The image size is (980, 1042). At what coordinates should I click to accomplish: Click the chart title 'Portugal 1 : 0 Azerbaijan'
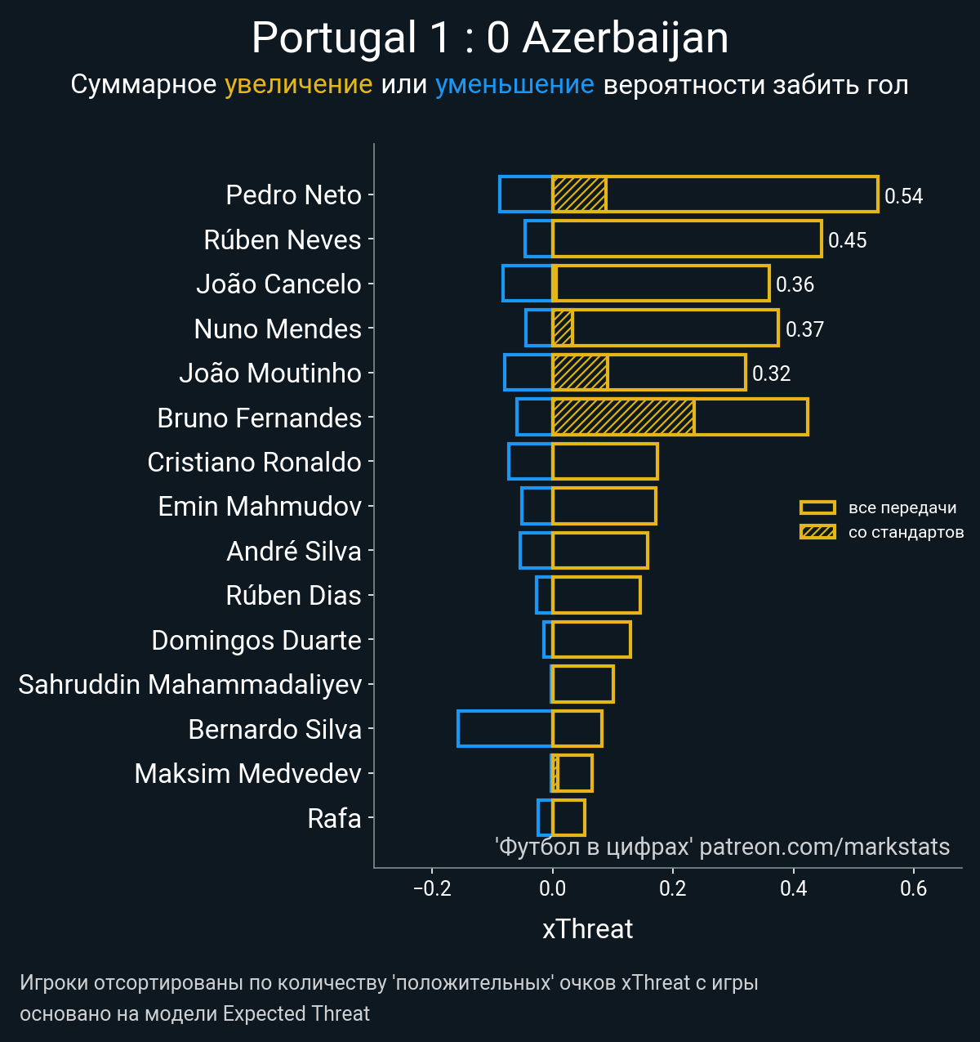pyautogui.click(x=490, y=38)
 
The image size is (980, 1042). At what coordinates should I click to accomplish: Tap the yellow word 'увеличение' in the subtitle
pyautogui.click(x=298, y=84)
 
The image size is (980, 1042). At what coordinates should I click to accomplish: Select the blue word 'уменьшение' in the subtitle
pyautogui.click(x=514, y=84)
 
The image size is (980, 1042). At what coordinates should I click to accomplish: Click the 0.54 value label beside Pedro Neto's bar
pyautogui.click(x=903, y=196)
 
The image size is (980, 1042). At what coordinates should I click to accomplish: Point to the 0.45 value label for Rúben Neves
pyautogui.click(x=847, y=240)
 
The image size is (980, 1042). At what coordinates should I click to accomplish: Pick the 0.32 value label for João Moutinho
pyautogui.click(x=771, y=373)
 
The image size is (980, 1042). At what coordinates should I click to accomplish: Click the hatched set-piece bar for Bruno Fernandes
pyautogui.click(x=623, y=417)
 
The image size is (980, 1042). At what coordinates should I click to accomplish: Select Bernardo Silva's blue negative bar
pyautogui.click(x=505, y=728)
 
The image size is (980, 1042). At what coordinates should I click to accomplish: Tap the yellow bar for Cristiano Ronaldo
pyautogui.click(x=605, y=462)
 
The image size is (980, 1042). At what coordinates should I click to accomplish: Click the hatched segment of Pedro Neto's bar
pyautogui.click(x=579, y=195)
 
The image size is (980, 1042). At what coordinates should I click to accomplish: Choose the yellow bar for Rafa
pyautogui.click(x=568, y=817)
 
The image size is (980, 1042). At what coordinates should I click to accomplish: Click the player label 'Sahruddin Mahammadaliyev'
pyautogui.click(x=189, y=684)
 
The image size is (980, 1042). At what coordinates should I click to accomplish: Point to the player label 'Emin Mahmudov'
pyautogui.click(x=260, y=507)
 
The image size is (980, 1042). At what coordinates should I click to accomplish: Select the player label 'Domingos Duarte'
pyautogui.click(x=256, y=640)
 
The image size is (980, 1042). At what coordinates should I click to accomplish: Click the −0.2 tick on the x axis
pyautogui.click(x=432, y=888)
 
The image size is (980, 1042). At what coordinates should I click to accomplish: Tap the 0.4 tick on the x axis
pyautogui.click(x=793, y=888)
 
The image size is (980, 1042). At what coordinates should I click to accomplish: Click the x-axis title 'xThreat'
pyautogui.click(x=587, y=929)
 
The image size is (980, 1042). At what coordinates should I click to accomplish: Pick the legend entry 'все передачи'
pyautogui.click(x=902, y=508)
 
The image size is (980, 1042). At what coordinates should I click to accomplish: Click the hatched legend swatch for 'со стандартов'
pyautogui.click(x=817, y=532)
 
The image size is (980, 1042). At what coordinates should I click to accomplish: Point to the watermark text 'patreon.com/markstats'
pyautogui.click(x=824, y=847)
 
